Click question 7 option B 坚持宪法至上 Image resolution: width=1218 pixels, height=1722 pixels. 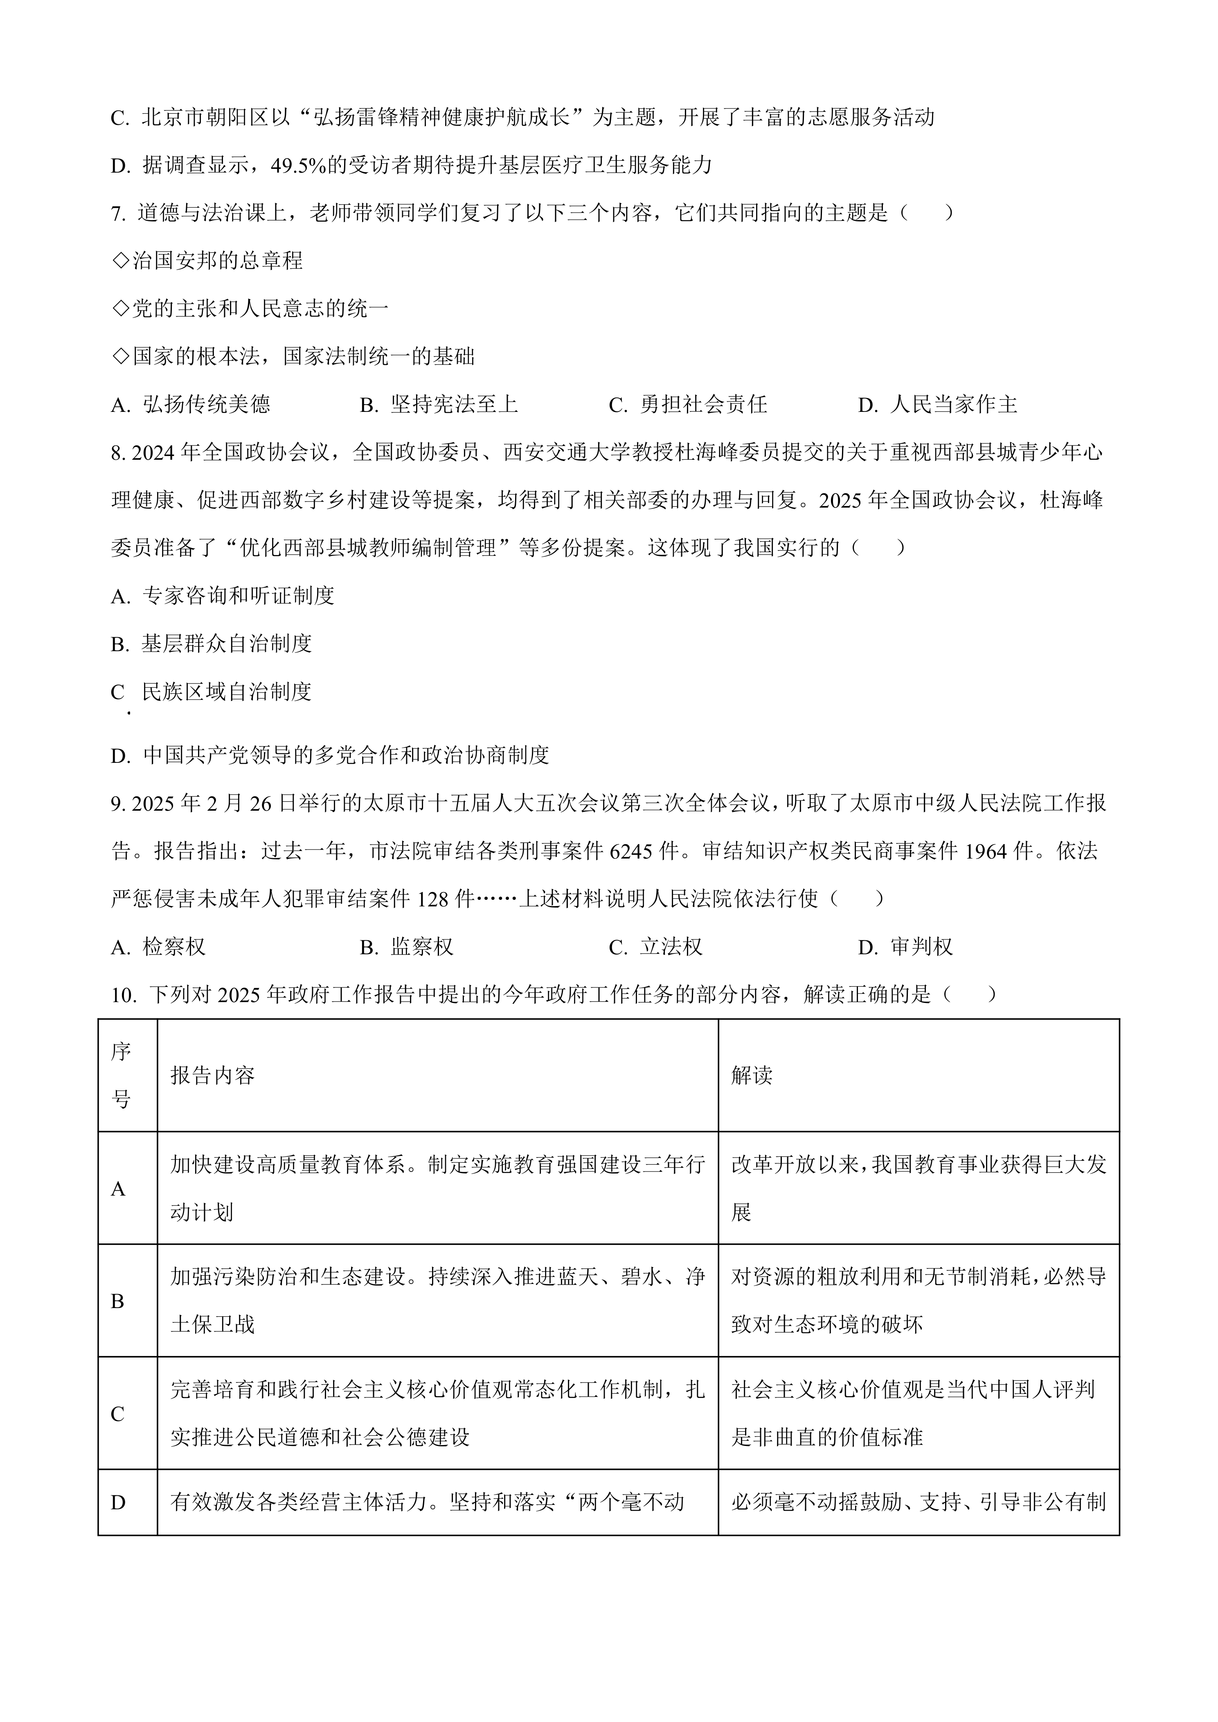coord(439,405)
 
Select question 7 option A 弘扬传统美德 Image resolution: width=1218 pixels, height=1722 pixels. coord(191,405)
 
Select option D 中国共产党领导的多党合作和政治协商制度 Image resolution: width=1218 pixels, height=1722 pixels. coord(330,755)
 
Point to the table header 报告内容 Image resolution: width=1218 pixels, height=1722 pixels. coord(212,1075)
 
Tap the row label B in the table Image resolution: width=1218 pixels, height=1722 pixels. coord(118,1301)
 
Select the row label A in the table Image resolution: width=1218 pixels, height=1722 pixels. coord(118,1189)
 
